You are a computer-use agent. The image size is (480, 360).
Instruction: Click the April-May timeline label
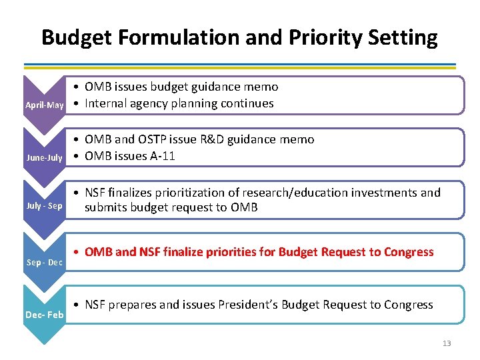(44, 105)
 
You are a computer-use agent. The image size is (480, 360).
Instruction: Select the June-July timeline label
(44, 158)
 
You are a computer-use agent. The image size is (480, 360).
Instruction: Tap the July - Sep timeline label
(44, 206)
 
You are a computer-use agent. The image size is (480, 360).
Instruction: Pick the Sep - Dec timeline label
(44, 263)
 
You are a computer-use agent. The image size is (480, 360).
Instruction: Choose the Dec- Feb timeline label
(44, 315)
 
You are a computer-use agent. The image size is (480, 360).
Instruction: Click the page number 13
(446, 343)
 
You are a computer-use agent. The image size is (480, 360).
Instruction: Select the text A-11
(163, 156)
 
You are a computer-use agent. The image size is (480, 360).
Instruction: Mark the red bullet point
(77, 253)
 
